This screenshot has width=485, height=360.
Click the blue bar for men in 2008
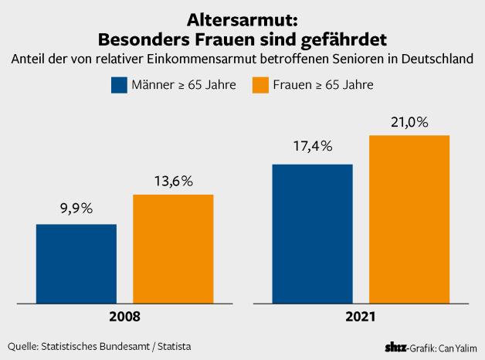click(x=76, y=263)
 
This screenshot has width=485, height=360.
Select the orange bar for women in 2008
click(x=173, y=248)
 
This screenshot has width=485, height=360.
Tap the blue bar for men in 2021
click(x=312, y=233)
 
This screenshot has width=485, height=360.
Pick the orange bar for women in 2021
click(x=409, y=219)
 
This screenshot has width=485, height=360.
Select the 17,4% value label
click(x=312, y=146)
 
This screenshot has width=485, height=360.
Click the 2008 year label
click(x=125, y=317)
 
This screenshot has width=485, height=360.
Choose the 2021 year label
click(x=360, y=317)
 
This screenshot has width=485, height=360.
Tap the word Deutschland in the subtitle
click(x=432, y=59)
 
